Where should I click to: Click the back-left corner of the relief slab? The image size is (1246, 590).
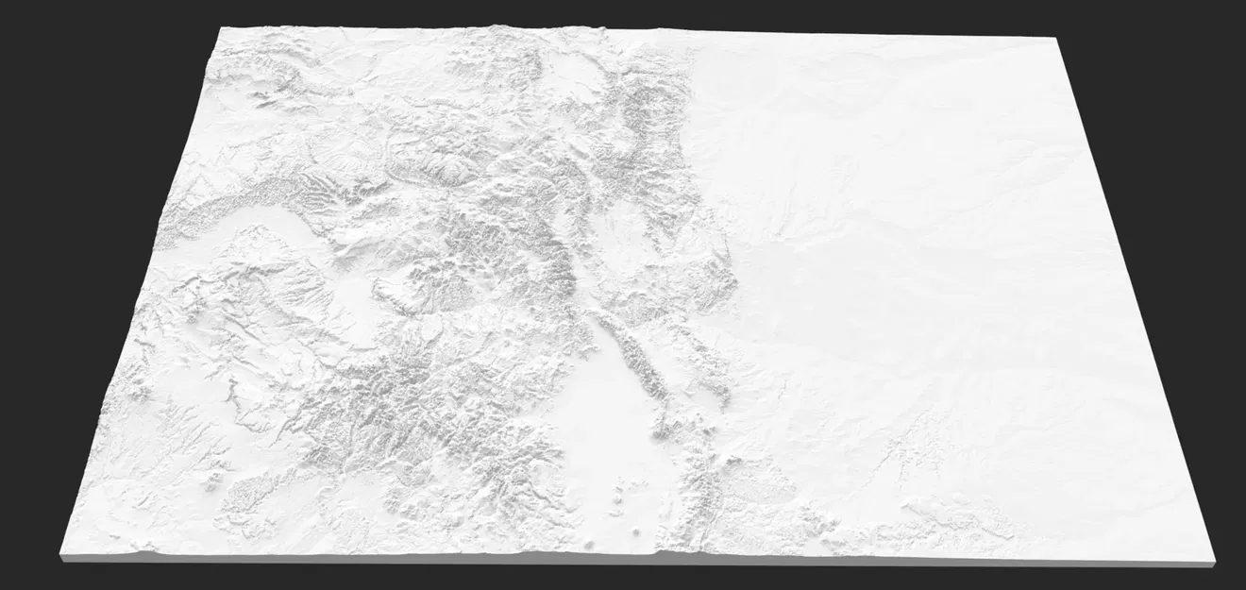pos(220,28)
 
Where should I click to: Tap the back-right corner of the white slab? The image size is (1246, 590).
pos(1053,38)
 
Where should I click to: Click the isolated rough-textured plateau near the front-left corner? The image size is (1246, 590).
pos(250,491)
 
